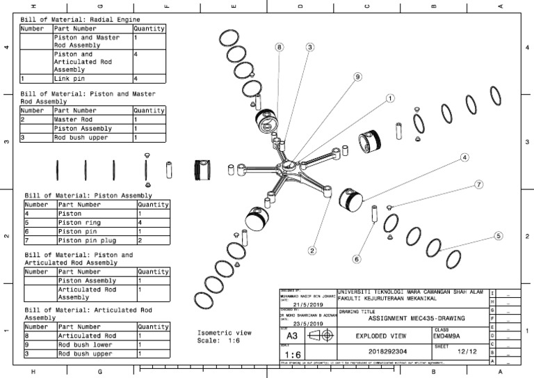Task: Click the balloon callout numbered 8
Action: pos(280,47)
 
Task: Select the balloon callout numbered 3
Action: pos(309,47)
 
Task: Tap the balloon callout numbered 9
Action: pos(357,77)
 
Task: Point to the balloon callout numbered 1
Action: pos(390,98)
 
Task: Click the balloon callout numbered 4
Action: pos(464,158)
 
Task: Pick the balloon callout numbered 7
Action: pos(478,184)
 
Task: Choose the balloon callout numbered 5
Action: pos(498,236)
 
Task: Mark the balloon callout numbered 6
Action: pos(357,259)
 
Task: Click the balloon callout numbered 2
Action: pos(313,251)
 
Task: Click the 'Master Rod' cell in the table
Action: pos(73,120)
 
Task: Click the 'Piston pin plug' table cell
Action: pos(83,240)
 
